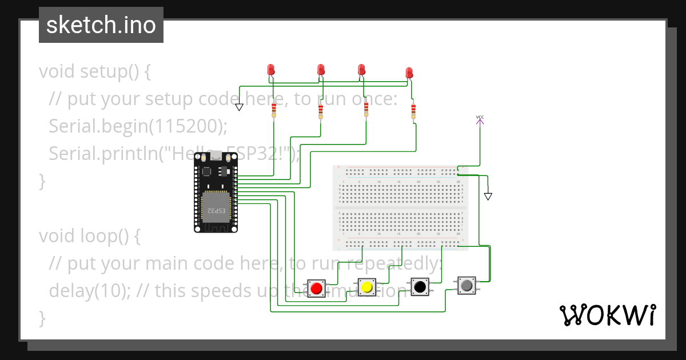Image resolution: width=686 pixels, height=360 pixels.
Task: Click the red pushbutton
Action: click(316, 288)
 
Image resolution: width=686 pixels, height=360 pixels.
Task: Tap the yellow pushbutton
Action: click(366, 287)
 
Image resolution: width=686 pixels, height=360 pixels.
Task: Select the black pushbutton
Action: click(420, 286)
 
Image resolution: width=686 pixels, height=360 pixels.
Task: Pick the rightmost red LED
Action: click(409, 73)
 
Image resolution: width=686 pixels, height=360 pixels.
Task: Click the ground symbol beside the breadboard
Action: click(488, 196)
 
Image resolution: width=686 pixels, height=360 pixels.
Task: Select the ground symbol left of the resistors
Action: click(239, 107)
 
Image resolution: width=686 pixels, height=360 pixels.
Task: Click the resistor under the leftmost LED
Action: click(274, 110)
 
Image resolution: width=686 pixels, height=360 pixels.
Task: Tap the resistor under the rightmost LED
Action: click(413, 111)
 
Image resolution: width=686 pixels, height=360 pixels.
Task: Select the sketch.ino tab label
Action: click(101, 25)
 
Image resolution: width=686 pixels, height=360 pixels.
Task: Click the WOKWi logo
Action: click(607, 315)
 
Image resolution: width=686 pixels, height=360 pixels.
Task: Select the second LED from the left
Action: click(321, 70)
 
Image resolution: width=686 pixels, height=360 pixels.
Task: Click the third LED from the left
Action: click(361, 70)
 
